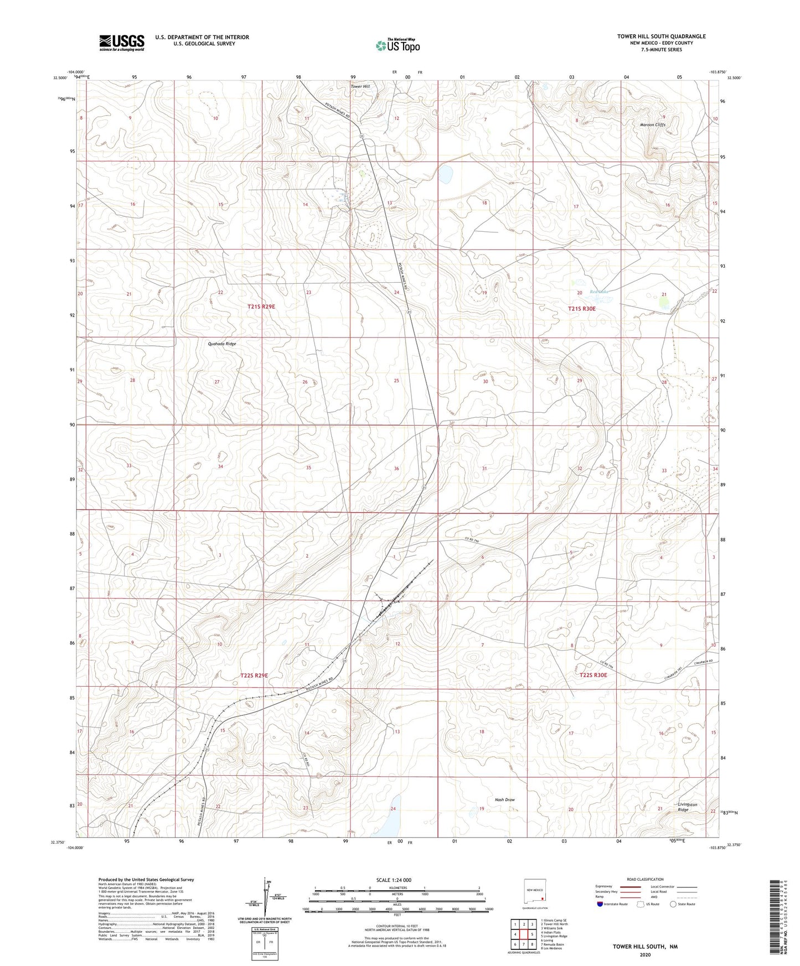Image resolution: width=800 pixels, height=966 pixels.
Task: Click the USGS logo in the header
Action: coord(121,42)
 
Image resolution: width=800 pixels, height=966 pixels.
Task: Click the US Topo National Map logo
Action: coord(397,45)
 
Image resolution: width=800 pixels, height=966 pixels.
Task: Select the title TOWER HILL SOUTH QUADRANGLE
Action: coord(661,37)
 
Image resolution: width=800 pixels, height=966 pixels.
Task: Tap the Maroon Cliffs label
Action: coord(652,125)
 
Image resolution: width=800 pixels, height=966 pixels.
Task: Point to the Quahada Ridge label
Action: coord(222,344)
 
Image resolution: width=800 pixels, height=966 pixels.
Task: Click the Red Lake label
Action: coord(598,292)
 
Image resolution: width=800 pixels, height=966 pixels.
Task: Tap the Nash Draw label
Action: coord(504,800)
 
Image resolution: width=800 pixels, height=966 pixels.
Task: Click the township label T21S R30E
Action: coord(581,309)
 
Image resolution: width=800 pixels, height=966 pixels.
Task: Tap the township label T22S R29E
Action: coord(254,676)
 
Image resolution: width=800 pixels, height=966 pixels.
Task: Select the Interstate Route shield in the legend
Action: coord(601,904)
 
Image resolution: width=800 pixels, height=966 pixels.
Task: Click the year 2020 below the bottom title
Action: coord(644,954)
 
